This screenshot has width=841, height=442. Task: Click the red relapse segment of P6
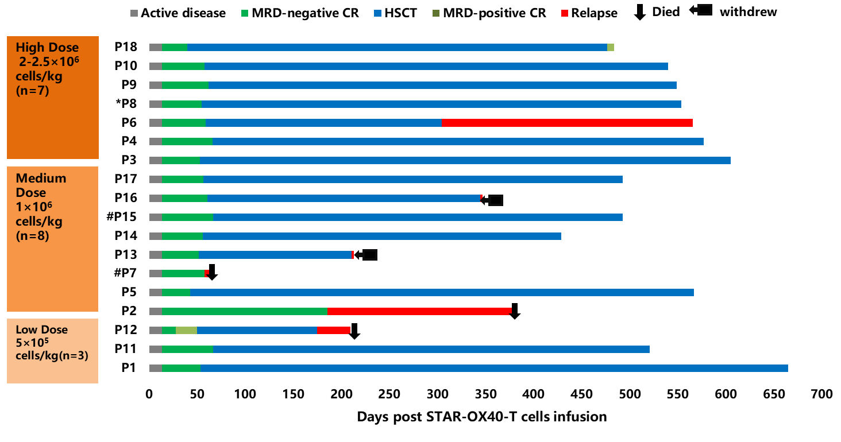[x=567, y=123]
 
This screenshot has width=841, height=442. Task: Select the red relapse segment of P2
[x=419, y=311]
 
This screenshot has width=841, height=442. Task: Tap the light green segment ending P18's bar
[x=611, y=47]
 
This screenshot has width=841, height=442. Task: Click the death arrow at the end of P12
[x=354, y=331]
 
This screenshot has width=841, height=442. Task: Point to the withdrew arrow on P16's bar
[x=492, y=200]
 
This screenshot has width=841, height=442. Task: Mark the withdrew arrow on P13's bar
[x=366, y=255]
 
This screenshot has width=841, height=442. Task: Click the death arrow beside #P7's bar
[x=212, y=272]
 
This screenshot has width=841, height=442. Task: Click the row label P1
[x=129, y=368]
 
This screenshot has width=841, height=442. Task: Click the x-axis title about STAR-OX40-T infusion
[x=481, y=417]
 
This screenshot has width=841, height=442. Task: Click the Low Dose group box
[x=52, y=350]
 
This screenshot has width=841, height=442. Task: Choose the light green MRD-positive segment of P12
[x=186, y=330]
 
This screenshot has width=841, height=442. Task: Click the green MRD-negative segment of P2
[x=244, y=311]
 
